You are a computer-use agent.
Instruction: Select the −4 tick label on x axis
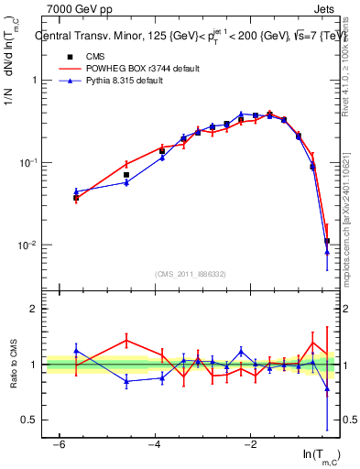click(155, 444)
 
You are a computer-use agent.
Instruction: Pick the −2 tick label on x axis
click(250, 444)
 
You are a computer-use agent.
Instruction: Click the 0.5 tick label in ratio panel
click(27, 420)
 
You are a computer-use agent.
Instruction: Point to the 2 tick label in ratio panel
click(32, 309)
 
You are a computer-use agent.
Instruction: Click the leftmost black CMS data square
click(76, 197)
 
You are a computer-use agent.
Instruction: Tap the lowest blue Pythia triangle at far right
click(327, 253)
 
